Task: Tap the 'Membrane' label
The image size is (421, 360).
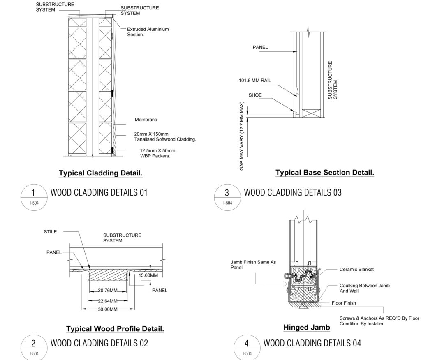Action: click(146, 120)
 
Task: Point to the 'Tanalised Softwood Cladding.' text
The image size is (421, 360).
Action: click(165, 139)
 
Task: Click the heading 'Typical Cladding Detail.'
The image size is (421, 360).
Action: click(101, 173)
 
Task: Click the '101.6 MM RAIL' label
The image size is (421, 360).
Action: click(255, 81)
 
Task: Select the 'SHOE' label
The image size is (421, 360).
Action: click(255, 95)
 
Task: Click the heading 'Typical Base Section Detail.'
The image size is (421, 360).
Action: click(324, 173)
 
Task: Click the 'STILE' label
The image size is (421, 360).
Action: click(50, 232)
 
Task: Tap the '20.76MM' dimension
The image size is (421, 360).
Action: click(107, 291)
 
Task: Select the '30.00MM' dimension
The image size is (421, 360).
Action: click(107, 309)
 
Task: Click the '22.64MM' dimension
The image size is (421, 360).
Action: click(107, 300)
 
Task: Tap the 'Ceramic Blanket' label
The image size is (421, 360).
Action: click(356, 270)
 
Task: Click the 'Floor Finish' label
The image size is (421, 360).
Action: click(344, 303)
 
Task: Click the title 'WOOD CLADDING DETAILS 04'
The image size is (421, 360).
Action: click(312, 343)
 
